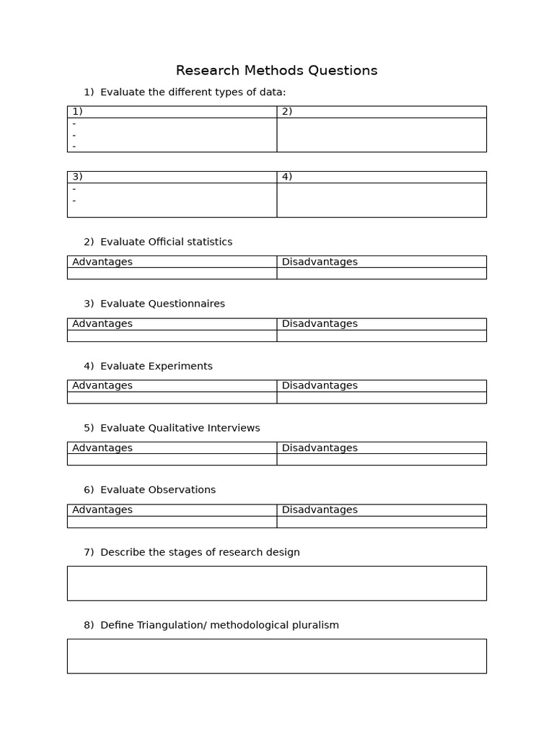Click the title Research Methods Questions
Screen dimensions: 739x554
[x=276, y=71]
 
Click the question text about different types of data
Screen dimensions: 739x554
[x=193, y=92]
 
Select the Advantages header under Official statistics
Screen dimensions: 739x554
[x=102, y=262]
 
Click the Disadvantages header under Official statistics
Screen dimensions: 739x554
[x=320, y=262]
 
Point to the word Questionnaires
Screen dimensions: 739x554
[x=187, y=304]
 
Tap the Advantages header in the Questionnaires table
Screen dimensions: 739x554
[x=102, y=324]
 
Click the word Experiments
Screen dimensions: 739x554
[x=180, y=367]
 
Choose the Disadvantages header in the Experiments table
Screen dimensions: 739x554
[x=320, y=386]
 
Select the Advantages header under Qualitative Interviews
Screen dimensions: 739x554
[x=102, y=448]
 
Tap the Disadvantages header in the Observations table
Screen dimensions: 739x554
[x=320, y=510]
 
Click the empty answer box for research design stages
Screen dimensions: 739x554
[x=276, y=583]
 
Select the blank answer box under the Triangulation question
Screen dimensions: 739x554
[x=276, y=656]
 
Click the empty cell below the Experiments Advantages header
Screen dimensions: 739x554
[x=172, y=398]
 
